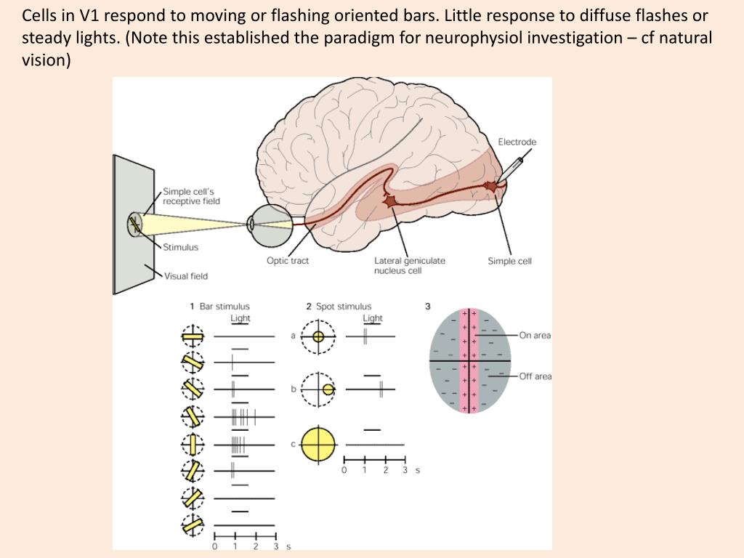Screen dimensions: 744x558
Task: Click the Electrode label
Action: point(517,142)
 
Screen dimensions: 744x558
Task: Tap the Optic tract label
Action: point(287,261)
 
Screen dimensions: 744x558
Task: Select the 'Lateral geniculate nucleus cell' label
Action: point(410,265)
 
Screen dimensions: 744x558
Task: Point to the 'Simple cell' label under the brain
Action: point(509,261)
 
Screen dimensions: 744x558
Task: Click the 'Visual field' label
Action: point(186,276)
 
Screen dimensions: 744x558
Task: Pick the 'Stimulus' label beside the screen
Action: point(180,247)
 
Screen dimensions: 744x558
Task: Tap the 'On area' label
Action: point(535,336)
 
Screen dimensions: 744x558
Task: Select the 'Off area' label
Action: point(535,376)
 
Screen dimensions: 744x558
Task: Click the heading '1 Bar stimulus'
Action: point(219,307)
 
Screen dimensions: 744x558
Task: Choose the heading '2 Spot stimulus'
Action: point(339,307)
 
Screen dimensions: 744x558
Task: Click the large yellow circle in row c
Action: point(318,444)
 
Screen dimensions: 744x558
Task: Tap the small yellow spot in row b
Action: point(328,389)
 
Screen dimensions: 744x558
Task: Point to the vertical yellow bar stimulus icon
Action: point(193,443)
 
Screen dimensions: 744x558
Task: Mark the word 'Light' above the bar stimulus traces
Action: point(240,318)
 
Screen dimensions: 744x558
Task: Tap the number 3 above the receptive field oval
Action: point(428,307)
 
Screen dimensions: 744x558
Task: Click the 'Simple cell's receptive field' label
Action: point(191,196)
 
